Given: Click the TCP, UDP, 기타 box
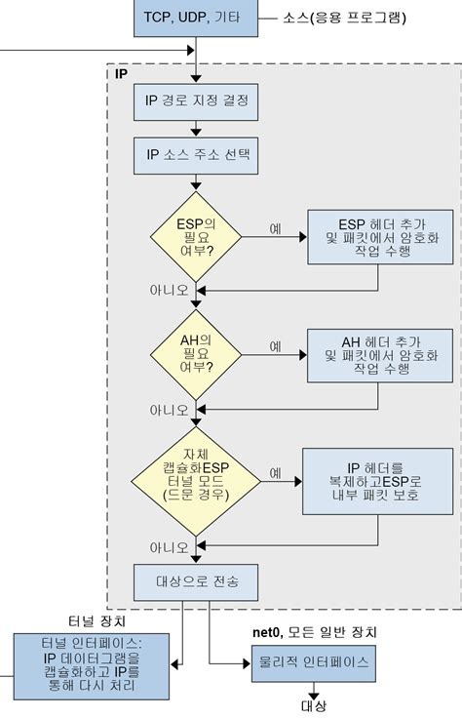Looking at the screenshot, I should click(196, 19).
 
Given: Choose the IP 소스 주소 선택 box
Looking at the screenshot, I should click(196, 152).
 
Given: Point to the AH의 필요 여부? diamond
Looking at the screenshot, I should click(196, 352).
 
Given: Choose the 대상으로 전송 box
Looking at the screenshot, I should click(196, 583).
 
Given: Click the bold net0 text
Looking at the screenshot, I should click(266, 634).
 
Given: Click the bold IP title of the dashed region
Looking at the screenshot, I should click(122, 74).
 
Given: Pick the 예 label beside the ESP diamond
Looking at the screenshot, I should click(276, 228).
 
